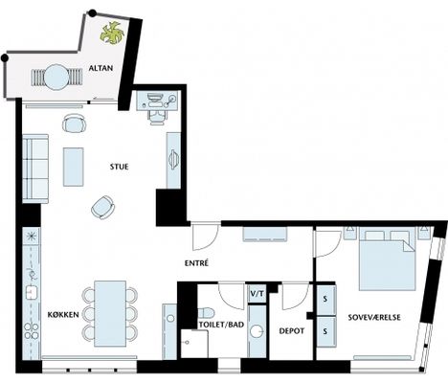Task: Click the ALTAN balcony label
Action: [x=101, y=68]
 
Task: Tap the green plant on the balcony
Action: [x=112, y=33]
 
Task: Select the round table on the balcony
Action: [x=56, y=78]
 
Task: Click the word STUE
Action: [x=119, y=167]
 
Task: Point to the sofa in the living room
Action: [x=35, y=169]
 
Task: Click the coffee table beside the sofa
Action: [x=74, y=167]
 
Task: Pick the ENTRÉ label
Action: [x=196, y=263]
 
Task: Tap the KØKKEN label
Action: [x=63, y=315]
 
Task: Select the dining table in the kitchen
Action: [x=110, y=314]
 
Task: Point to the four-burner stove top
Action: [x=32, y=330]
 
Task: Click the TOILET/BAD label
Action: [x=221, y=325]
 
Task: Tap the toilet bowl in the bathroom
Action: [x=206, y=312]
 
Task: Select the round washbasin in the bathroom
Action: [x=257, y=331]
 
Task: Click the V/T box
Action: [x=258, y=293]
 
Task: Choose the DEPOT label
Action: [x=292, y=331]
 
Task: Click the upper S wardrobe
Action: [x=325, y=300]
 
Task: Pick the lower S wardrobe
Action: [x=325, y=331]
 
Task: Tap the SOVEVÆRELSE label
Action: [x=374, y=317]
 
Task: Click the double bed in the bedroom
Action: [x=388, y=259]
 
